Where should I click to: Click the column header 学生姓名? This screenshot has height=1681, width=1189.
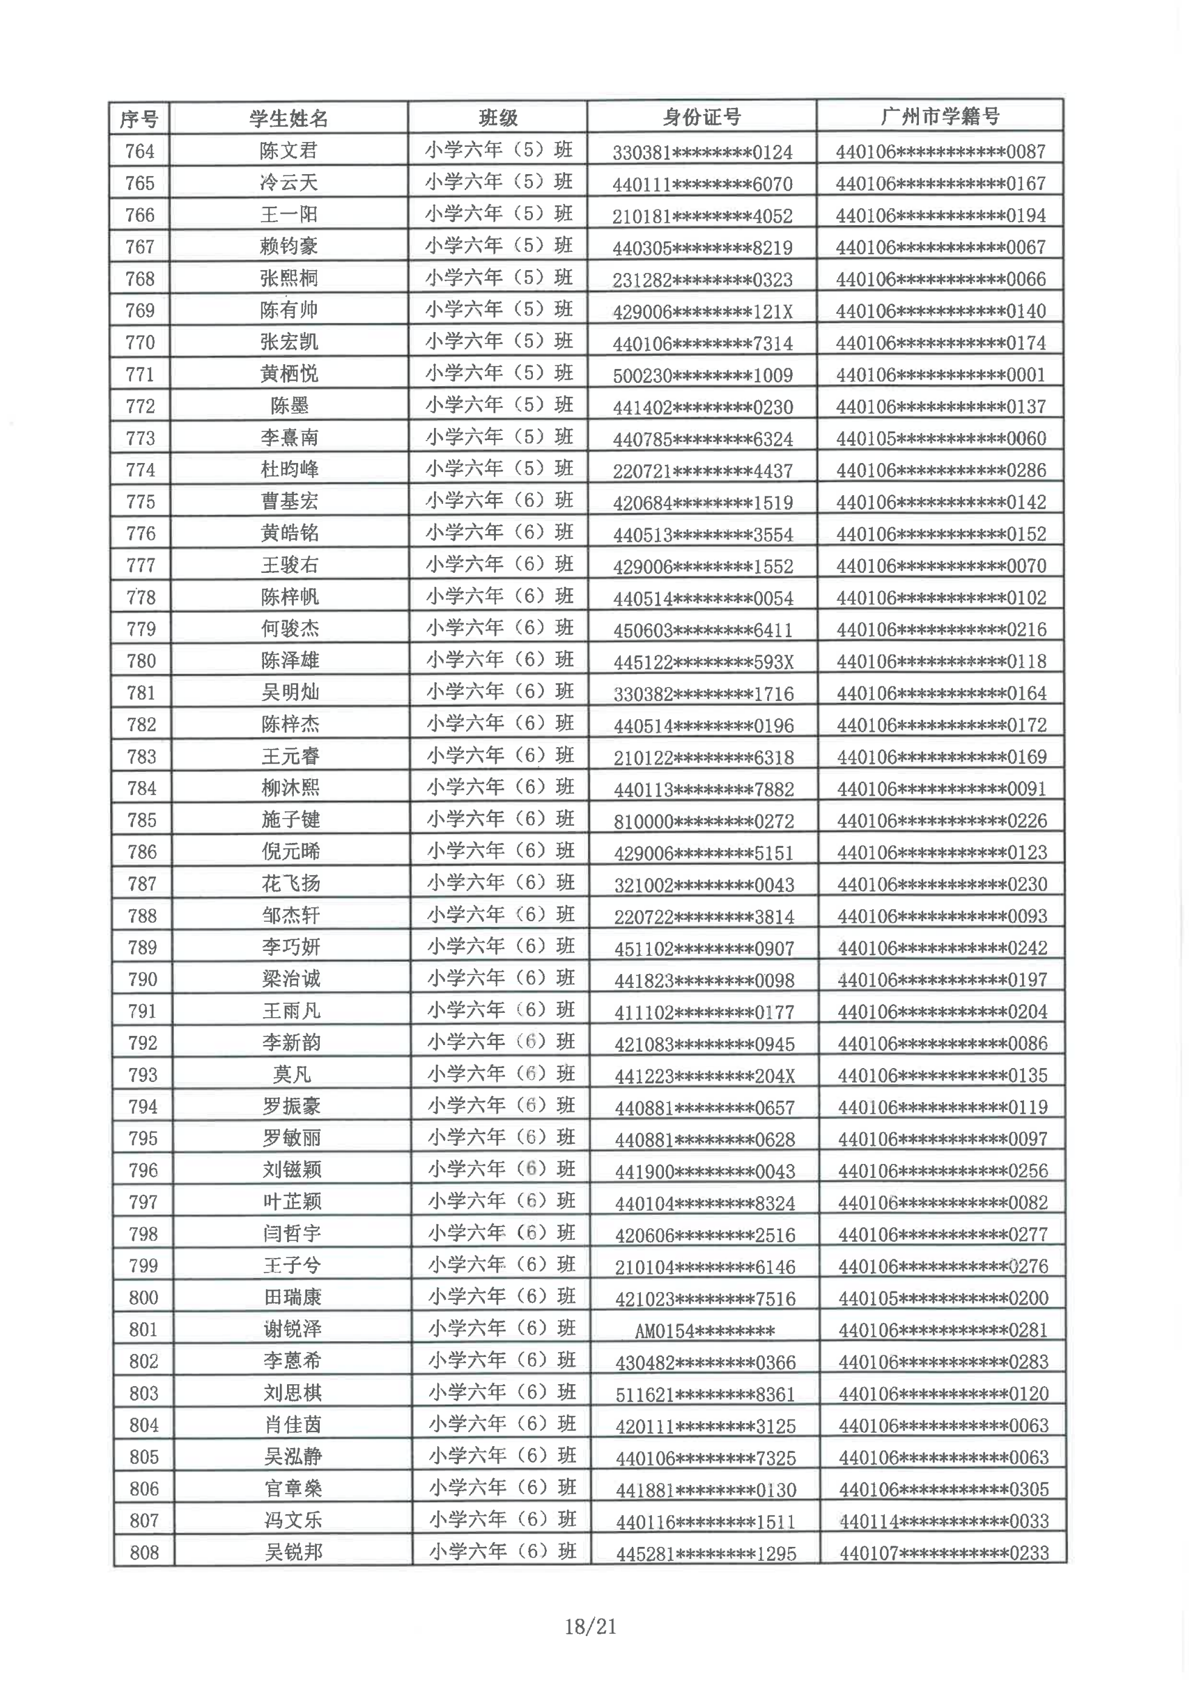[288, 118]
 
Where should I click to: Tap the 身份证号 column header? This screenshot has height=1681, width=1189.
[702, 117]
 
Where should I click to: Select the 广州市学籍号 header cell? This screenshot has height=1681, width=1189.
[940, 117]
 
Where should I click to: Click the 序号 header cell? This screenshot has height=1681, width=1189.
[139, 118]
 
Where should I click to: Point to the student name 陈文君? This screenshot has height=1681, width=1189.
[288, 151]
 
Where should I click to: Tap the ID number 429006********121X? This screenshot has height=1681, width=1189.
[702, 312]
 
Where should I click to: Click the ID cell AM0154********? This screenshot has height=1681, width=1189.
[703, 1330]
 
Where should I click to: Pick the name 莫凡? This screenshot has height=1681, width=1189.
[291, 1074]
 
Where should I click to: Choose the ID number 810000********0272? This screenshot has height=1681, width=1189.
[703, 820]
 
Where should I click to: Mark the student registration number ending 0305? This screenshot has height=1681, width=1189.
[944, 1489]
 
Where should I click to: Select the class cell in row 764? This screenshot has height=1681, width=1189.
[498, 150]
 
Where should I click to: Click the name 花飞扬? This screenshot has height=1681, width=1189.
[291, 884]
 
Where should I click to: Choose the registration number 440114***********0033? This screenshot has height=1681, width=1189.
[944, 1521]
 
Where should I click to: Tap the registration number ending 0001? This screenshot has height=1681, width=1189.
[941, 375]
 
